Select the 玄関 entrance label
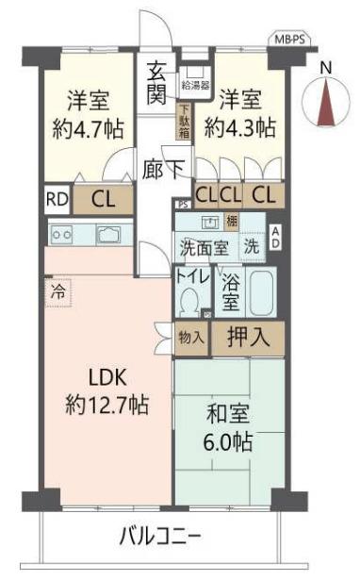click(x=156, y=82)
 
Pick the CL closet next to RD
click(x=103, y=200)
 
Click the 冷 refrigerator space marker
click(x=57, y=292)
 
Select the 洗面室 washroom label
click(x=204, y=249)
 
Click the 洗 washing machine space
click(x=251, y=248)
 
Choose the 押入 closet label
click(x=246, y=335)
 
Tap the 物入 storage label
click(x=190, y=336)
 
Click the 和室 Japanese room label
click(x=229, y=414)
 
